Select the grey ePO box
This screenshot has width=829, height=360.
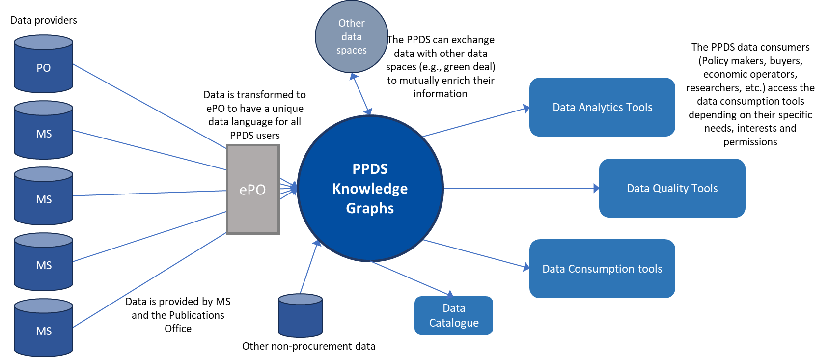pyautogui.click(x=252, y=189)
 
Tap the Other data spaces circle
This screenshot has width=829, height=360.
pyautogui.click(x=351, y=37)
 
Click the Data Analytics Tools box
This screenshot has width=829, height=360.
pyautogui.click(x=602, y=107)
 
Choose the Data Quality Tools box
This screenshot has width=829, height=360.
pyautogui.click(x=672, y=188)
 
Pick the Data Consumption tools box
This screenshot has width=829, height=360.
pyautogui.click(x=602, y=269)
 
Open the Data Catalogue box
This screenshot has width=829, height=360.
pyautogui.click(x=453, y=315)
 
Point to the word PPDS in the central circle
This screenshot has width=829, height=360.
pyautogui.click(x=370, y=169)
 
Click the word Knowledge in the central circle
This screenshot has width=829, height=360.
pyautogui.click(x=370, y=189)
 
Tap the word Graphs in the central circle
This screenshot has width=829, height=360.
pyautogui.click(x=370, y=208)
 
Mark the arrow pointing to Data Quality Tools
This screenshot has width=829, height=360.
pyautogui.click(x=521, y=188)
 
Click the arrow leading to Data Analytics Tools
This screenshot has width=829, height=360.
pyautogui.click(x=476, y=122)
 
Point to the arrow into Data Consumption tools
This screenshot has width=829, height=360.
pyautogui.click(x=476, y=254)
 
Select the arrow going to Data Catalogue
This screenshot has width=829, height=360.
pyautogui.click(x=410, y=278)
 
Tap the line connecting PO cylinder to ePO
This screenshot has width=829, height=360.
pyautogui.click(x=150, y=106)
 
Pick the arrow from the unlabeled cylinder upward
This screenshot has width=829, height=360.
pyautogui.click(x=310, y=267)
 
